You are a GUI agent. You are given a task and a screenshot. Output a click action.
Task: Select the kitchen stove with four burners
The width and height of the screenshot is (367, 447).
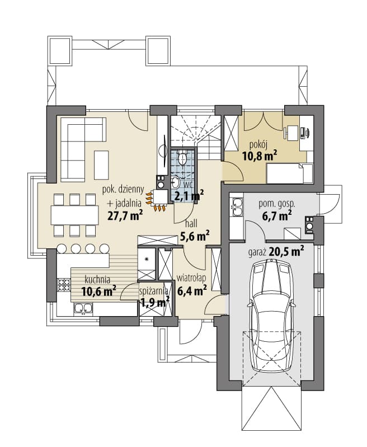point(64,285)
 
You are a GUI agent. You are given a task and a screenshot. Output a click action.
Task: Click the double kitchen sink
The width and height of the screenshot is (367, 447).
point(83,309)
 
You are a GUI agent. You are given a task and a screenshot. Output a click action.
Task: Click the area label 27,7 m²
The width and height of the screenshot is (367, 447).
point(125,215)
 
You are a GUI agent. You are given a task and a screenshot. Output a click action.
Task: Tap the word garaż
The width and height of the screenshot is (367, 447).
point(257,252)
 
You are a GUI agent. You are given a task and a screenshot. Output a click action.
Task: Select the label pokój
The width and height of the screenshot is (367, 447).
point(258,145)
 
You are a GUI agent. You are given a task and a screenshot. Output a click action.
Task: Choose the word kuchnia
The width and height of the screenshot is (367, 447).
point(97,280)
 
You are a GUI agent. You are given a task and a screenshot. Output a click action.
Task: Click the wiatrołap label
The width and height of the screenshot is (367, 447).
point(191,278)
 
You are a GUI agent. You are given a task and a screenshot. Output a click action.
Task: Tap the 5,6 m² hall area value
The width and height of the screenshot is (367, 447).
point(195,236)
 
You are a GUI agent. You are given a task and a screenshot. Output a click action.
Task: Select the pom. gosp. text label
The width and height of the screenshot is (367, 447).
point(277,204)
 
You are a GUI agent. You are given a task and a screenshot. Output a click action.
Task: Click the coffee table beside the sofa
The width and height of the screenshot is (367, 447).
point(101,165)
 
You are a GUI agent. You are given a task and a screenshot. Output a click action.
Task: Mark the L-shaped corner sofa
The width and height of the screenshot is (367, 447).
point(82,149)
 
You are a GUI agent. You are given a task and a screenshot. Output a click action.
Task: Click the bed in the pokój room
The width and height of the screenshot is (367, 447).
point(289,173)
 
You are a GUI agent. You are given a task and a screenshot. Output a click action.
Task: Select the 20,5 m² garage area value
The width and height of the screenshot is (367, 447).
point(286,251)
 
